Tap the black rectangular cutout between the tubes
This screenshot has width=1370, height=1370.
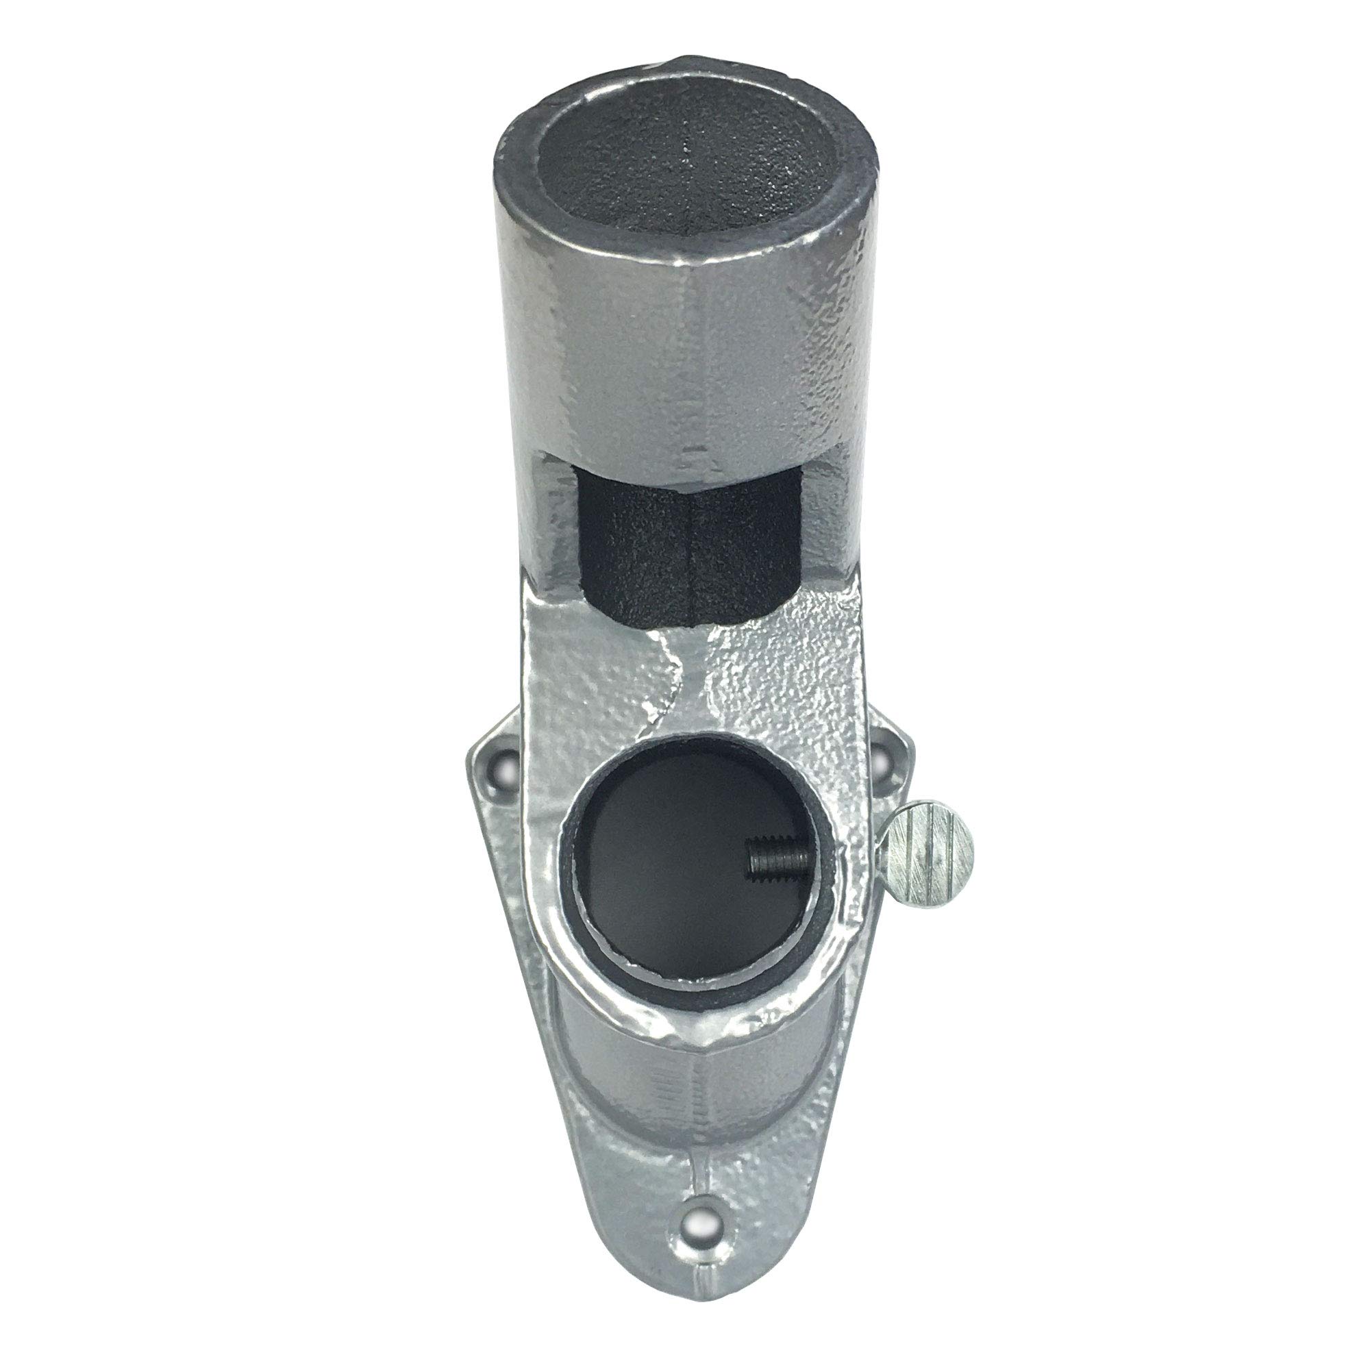click(x=684, y=546)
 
